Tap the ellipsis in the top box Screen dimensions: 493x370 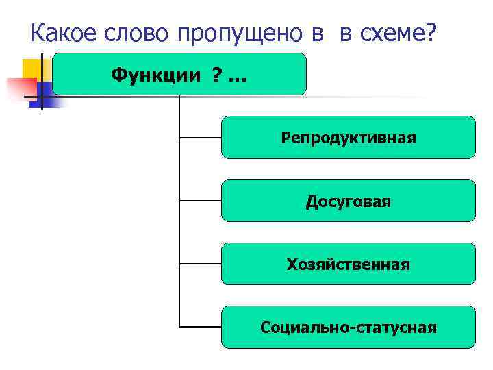click(x=236, y=77)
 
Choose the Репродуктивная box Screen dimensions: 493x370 click(x=348, y=138)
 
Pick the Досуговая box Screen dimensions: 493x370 click(x=348, y=201)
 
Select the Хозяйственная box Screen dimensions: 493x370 click(x=348, y=264)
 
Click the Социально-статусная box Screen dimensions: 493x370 click(x=348, y=327)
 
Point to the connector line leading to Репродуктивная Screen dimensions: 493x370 click(x=200, y=138)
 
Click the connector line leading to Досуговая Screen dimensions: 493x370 click(x=200, y=201)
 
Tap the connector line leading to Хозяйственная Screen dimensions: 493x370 click(x=200, y=264)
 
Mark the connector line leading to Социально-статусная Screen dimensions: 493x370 click(x=200, y=327)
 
